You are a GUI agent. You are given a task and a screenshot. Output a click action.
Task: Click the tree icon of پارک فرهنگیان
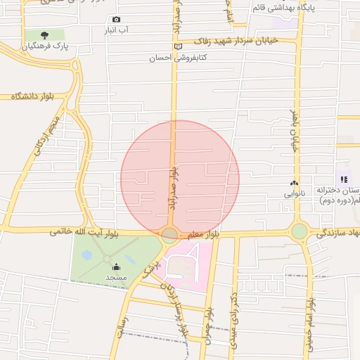[46, 34]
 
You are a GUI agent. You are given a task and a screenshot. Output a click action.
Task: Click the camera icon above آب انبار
[116, 19]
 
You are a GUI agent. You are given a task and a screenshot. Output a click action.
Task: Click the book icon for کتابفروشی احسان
[179, 46]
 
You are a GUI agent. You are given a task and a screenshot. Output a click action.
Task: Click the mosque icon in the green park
[115, 266]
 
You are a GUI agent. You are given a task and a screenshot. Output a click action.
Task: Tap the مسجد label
[115, 278]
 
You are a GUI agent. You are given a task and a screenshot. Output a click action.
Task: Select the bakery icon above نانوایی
[294, 183]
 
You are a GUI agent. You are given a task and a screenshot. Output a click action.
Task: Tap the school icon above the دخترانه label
[344, 179]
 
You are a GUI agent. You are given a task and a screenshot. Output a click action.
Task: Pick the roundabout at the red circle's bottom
[170, 235]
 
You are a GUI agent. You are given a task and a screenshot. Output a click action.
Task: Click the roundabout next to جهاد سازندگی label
[300, 231]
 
